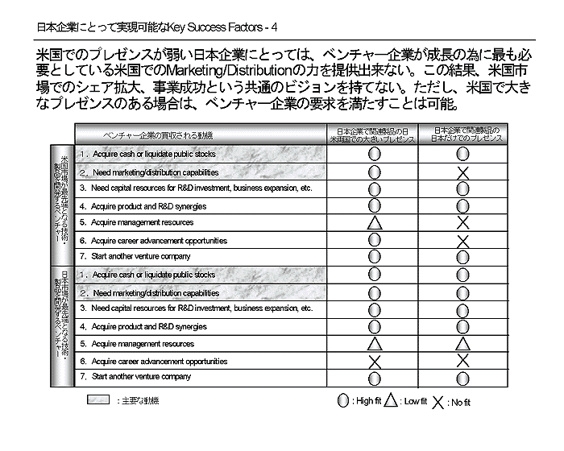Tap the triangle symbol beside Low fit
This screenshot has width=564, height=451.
pos(391,400)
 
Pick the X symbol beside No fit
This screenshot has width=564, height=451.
pos(438,401)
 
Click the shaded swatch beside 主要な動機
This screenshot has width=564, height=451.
pos(97,400)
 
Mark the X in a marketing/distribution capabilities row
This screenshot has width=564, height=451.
pos(462,172)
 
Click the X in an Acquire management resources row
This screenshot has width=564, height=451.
pos(462,222)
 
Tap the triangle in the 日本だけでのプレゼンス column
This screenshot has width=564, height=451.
pos(462,344)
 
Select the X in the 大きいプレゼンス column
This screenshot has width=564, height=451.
pos(375,362)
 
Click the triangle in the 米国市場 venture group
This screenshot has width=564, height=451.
pos(375,222)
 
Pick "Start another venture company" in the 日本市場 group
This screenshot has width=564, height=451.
pos(141,377)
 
